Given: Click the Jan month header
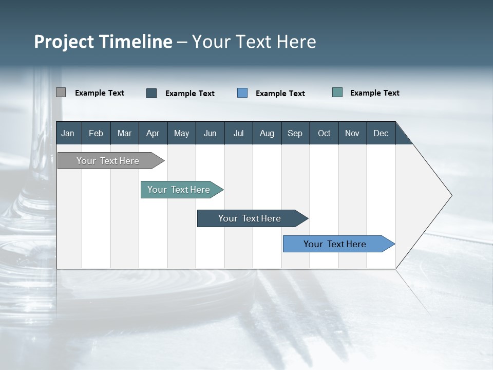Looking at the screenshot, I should click(68, 133).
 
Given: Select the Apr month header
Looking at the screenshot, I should click(153, 133).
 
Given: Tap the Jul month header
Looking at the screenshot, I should click(238, 133).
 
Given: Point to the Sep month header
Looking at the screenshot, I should click(295, 133).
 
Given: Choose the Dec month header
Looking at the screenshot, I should click(381, 133).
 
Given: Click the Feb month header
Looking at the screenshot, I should click(96, 133).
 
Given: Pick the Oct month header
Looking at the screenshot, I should click(324, 133).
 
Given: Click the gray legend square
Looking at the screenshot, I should click(61, 92).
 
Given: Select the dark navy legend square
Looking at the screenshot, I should click(151, 93).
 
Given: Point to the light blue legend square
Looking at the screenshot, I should click(242, 93).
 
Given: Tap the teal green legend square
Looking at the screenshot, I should click(337, 92).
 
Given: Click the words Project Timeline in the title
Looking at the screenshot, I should click(103, 42).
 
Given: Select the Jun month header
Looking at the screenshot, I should click(210, 133).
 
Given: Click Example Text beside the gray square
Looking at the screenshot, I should click(100, 93).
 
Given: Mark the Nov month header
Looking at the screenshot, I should click(352, 133).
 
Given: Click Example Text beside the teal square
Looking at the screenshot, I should click(374, 93).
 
